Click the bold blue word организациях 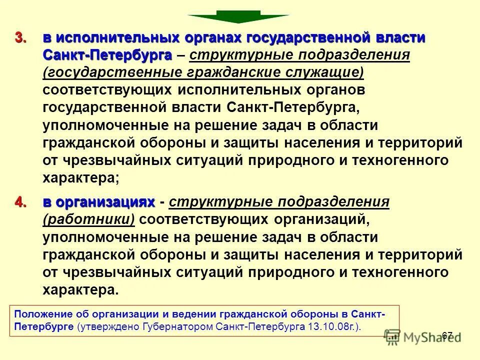98,202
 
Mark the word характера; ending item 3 81,177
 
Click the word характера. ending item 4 81,290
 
